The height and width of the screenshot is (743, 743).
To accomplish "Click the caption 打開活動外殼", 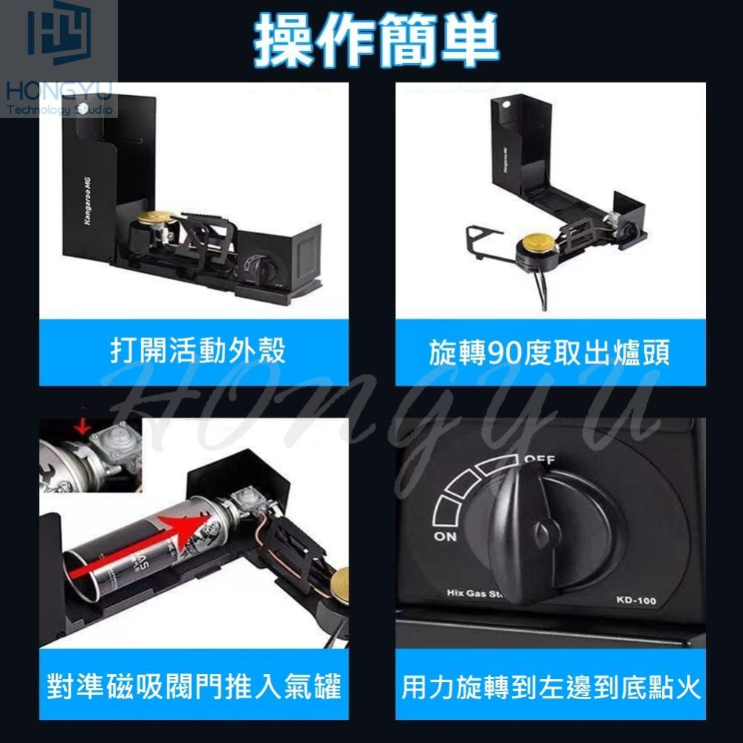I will point(198,351).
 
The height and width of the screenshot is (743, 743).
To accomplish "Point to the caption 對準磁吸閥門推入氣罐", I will point(194,686).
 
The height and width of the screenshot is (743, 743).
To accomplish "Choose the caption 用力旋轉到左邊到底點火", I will point(551,687).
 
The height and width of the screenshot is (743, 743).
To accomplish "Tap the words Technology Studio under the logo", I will point(59,110).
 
